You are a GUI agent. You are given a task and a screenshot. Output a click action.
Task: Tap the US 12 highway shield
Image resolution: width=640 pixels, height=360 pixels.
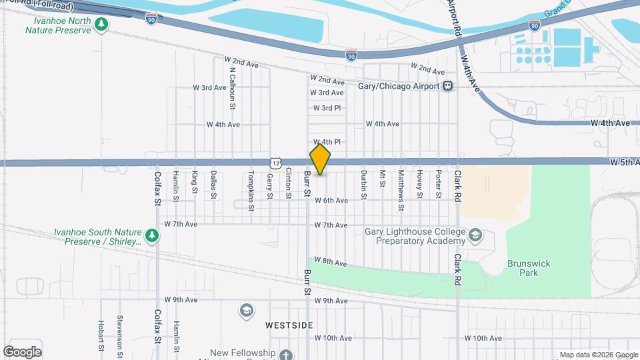275,163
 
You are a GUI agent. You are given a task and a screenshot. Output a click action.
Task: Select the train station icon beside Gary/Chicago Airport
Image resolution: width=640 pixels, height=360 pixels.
448,86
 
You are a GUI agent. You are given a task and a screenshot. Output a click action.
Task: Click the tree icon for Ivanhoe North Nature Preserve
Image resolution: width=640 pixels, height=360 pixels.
101,25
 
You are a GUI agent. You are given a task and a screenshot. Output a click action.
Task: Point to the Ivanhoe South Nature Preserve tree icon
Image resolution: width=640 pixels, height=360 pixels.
153,235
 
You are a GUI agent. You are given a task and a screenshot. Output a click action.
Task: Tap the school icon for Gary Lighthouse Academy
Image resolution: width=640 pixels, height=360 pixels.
475,235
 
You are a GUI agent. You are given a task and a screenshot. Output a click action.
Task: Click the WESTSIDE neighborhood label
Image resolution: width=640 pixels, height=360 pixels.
289,325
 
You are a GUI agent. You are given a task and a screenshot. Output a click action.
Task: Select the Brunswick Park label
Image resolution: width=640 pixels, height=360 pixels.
529,268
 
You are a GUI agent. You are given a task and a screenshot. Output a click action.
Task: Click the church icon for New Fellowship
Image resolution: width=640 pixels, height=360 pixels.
285,355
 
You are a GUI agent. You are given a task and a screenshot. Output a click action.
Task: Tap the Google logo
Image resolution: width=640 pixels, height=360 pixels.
22,351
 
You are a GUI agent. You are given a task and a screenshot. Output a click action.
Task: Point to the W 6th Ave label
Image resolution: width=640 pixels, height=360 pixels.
331,200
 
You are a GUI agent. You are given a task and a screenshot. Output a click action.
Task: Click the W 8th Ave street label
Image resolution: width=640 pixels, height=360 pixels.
331,263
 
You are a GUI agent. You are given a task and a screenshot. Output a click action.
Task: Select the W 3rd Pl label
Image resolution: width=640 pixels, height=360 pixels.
327,108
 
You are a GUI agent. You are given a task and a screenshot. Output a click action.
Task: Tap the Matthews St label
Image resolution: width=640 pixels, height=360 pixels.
401,189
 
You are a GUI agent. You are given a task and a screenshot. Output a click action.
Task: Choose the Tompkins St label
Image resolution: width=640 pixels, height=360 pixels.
251,190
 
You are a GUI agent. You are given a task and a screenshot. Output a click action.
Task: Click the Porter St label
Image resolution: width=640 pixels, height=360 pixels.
438,185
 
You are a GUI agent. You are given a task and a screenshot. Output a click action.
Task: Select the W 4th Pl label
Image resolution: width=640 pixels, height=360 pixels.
327,142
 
